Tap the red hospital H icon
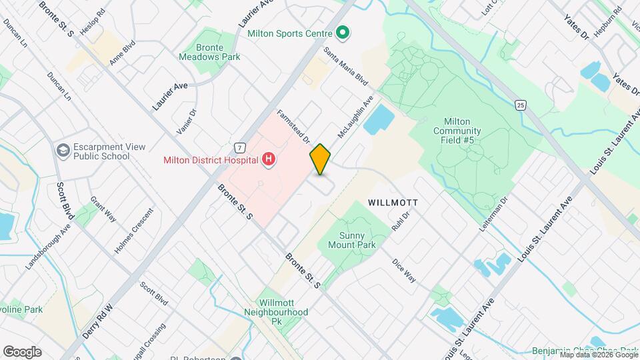pos(269,159)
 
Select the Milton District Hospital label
pos(211,159)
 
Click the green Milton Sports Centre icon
pos(343,32)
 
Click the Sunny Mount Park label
pos(351,240)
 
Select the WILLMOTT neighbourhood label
pos(393,201)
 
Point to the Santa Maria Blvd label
pos(346,65)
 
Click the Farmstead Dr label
pos(294,126)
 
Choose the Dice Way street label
pos(404,270)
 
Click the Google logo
pos(22,351)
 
